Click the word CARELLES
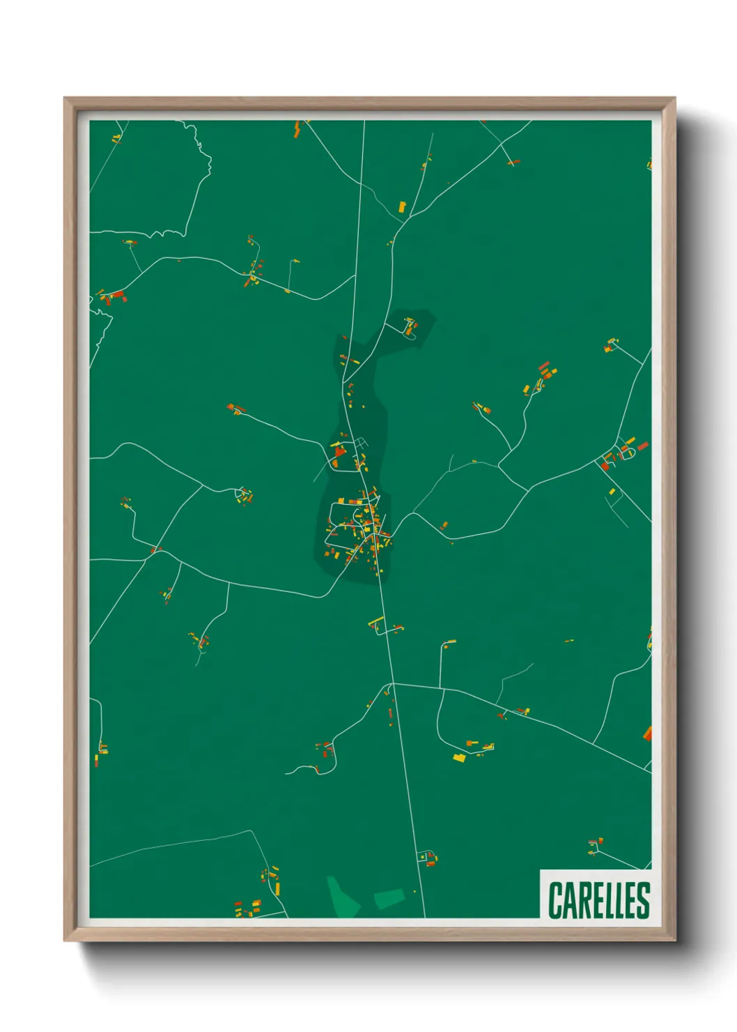pos(598,900)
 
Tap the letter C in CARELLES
pos(556,900)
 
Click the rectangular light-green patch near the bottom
pos(389,898)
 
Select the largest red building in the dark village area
pos(340,451)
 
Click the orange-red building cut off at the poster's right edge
pos(648,733)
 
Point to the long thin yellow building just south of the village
pos(375,620)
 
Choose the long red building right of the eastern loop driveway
pos(642,446)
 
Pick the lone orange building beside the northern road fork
pos(402,206)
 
